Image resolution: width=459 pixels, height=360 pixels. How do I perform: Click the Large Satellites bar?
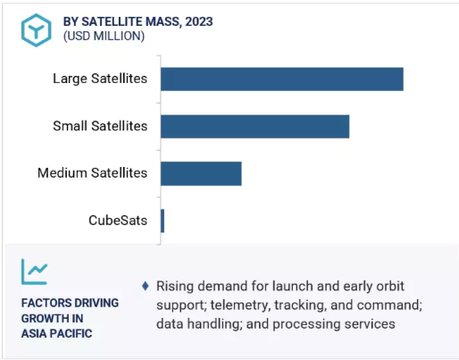pos(282,80)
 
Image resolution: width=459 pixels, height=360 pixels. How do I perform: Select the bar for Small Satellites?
pos(255,127)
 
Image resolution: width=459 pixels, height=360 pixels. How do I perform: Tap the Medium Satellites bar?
pos(201,174)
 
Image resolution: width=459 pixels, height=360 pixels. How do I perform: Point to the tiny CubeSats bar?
pos(163,221)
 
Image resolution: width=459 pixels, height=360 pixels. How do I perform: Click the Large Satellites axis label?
pos(100,79)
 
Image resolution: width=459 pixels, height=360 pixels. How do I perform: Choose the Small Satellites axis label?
pos(100,126)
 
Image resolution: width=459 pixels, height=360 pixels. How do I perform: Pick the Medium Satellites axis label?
pos(92,173)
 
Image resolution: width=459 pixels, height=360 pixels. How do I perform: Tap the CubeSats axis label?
pos(118,221)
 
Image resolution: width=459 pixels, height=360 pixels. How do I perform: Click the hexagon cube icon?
pos(37,30)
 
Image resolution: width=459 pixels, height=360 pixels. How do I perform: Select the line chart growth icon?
pos(34,272)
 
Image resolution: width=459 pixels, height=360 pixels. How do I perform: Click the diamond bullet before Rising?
pos(146,286)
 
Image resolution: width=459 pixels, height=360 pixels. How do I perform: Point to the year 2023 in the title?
pos(199,21)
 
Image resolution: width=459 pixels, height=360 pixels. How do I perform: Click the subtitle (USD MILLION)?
pos(104,36)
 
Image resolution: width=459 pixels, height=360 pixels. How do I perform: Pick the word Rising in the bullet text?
pos(175,287)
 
